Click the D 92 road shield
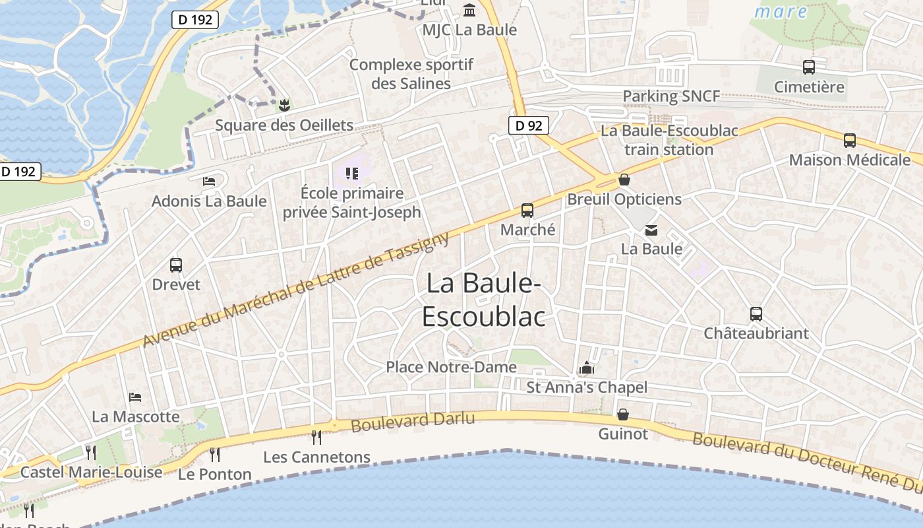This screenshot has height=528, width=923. pos(529,125)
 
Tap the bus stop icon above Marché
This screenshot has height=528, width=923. pos(527,211)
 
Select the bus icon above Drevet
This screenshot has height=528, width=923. pos(176,265)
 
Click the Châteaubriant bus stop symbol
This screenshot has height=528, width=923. pos(756,314)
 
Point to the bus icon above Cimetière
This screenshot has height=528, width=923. pos(809,67)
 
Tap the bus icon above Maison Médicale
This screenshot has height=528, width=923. pos(850,140)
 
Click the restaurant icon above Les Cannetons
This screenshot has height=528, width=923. pos(316,437)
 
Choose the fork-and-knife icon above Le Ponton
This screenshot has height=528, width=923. pos(215,454)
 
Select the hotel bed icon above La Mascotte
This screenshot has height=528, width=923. pos(136,397)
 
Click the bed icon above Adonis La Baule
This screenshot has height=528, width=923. pos(209,181)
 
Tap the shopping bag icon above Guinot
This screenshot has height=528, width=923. pos(622,414)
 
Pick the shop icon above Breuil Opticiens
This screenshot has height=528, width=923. pos(624,180)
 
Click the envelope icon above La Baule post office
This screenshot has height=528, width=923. pos(651,230)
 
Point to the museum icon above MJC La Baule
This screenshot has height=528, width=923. pos(469,11)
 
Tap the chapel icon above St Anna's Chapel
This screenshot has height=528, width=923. pos(586,368)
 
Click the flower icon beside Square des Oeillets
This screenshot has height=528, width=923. pos(284,105)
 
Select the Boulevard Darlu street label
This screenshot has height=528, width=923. pos(413,422)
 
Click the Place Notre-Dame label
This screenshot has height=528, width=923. pos(451,367)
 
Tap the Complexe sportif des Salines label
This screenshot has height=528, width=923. pos(411,74)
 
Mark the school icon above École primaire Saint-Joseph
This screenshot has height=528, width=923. pos(351,174)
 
